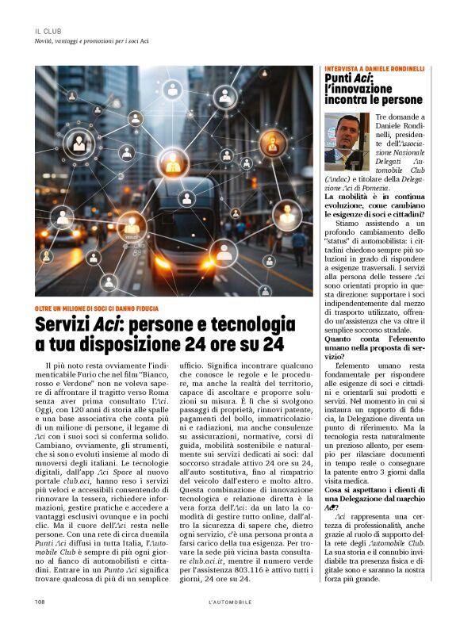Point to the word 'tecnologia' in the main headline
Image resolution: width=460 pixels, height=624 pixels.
251,326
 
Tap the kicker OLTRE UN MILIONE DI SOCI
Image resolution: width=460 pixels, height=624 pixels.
96,308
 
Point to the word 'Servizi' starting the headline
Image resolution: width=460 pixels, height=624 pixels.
63,326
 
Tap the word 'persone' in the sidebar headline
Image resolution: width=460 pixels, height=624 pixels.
399,101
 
